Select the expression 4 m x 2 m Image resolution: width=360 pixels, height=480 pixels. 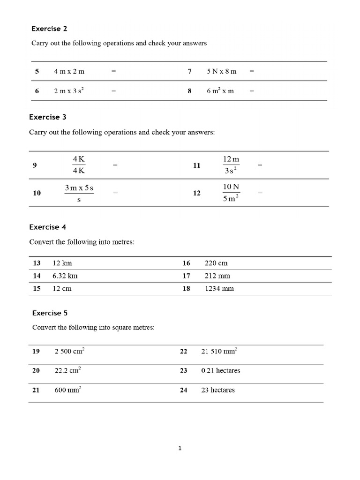click(69, 72)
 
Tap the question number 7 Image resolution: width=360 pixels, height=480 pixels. click(190, 72)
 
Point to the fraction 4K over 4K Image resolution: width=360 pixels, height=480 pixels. click(79, 165)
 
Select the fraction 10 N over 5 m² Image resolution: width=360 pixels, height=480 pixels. click(231, 193)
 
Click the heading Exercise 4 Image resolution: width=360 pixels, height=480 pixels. click(48, 227)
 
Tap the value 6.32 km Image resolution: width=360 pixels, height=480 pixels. click(65, 276)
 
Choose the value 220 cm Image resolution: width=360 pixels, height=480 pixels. click(216, 263)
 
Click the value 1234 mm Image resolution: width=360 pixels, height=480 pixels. click(219, 288)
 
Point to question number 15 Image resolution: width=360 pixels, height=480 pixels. click(37, 288)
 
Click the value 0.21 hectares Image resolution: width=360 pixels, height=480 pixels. click(220, 370)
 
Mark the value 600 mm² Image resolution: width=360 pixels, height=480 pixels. click(68, 390)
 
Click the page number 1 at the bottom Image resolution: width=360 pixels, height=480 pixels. click(180, 448)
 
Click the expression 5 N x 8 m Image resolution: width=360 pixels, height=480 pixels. click(222, 72)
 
